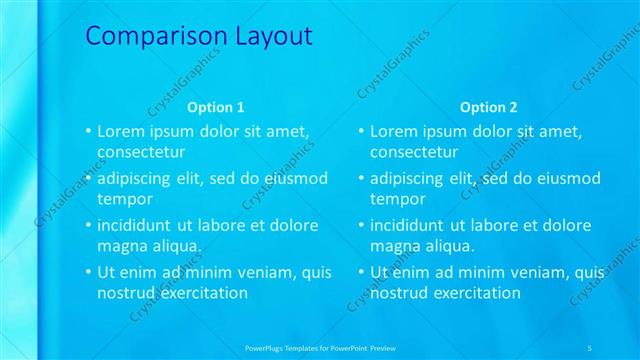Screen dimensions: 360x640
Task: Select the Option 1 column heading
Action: [x=216, y=107]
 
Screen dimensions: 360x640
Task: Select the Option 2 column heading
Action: [x=490, y=107]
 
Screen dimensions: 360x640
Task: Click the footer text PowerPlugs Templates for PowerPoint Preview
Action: [x=320, y=348]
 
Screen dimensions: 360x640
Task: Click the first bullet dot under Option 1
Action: [x=88, y=131]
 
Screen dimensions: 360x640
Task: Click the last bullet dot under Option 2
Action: [x=362, y=272]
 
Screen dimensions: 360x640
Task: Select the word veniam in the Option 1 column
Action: [x=267, y=272]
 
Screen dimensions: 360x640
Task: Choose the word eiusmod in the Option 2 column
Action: [x=565, y=179]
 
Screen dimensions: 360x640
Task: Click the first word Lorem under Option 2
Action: [x=395, y=132]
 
